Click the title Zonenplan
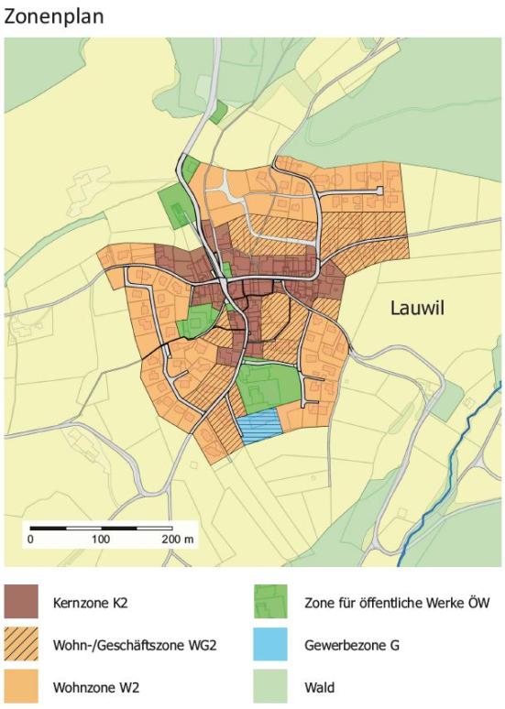54,16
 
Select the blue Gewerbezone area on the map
258,426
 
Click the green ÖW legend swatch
270,602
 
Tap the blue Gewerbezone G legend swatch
270,644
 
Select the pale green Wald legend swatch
270,685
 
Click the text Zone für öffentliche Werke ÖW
397,603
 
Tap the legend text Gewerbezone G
352,645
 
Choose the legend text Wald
320,686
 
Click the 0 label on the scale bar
30,540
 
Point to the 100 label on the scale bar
101,540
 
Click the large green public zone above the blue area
268,385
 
